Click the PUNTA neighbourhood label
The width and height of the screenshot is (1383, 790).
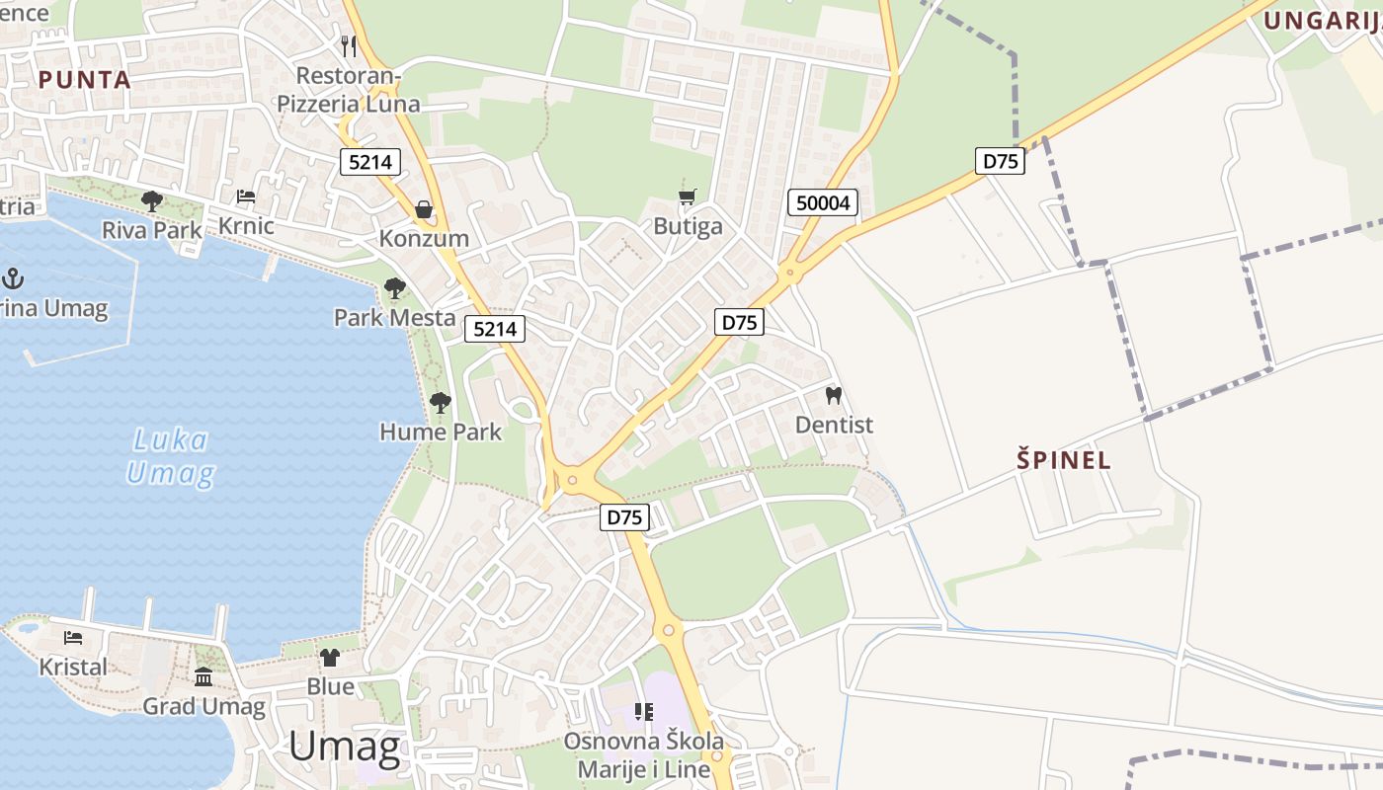pos(85,80)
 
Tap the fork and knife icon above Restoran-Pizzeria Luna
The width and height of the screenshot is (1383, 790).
pos(348,45)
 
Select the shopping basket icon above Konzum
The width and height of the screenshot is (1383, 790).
pos(424,209)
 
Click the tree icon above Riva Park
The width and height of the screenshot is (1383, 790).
pos(152,201)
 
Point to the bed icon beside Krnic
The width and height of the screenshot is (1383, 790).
pos(246,197)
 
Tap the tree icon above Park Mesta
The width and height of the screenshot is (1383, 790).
pos(394,288)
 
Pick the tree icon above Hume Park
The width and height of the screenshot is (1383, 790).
pos(441,403)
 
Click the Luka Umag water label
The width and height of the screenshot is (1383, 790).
pos(170,456)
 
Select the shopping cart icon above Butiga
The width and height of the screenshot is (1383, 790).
pos(688,197)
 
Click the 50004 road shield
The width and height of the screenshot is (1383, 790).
pos(823,203)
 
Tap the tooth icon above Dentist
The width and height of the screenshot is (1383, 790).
pos(834,395)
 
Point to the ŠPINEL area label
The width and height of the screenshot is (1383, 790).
pos(1064,459)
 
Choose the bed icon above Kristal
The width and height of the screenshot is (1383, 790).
pos(72,638)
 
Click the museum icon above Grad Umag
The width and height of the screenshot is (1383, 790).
pos(203,677)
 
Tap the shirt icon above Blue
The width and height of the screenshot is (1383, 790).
pos(330,657)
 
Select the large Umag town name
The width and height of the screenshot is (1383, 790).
pos(345,748)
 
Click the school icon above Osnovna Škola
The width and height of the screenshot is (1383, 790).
pos(644,711)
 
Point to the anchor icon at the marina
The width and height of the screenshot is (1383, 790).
pos(14,278)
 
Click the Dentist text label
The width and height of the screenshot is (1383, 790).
pos(835,425)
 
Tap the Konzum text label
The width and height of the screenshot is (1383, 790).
pos(424,239)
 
